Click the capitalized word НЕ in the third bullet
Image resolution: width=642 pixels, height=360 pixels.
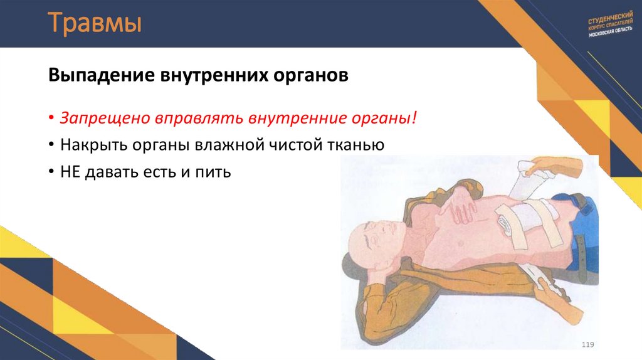pyautogui.click(x=70, y=171)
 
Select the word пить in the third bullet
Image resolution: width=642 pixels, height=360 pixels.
pyautogui.click(x=216, y=171)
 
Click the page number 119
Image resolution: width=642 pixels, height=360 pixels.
pyautogui.click(x=587, y=345)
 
